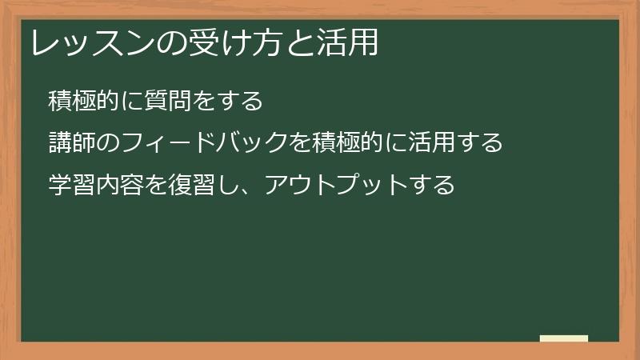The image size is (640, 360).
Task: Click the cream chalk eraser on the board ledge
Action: click(564, 338)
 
